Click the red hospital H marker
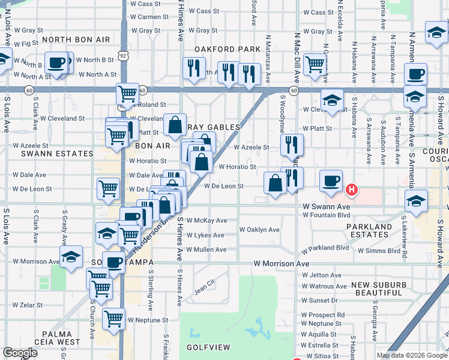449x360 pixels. [x=352, y=190]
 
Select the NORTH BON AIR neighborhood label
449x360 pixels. [x=76, y=39]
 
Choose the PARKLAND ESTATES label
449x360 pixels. [x=368, y=230]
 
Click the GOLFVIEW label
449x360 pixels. [x=205, y=347]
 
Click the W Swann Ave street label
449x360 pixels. [x=326, y=206]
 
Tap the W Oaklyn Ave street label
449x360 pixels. [x=259, y=229]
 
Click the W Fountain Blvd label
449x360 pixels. [x=327, y=215]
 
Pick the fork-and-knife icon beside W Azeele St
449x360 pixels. [x=291, y=145]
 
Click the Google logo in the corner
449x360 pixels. [x=20, y=353]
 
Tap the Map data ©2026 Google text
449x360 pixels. [x=412, y=355]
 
